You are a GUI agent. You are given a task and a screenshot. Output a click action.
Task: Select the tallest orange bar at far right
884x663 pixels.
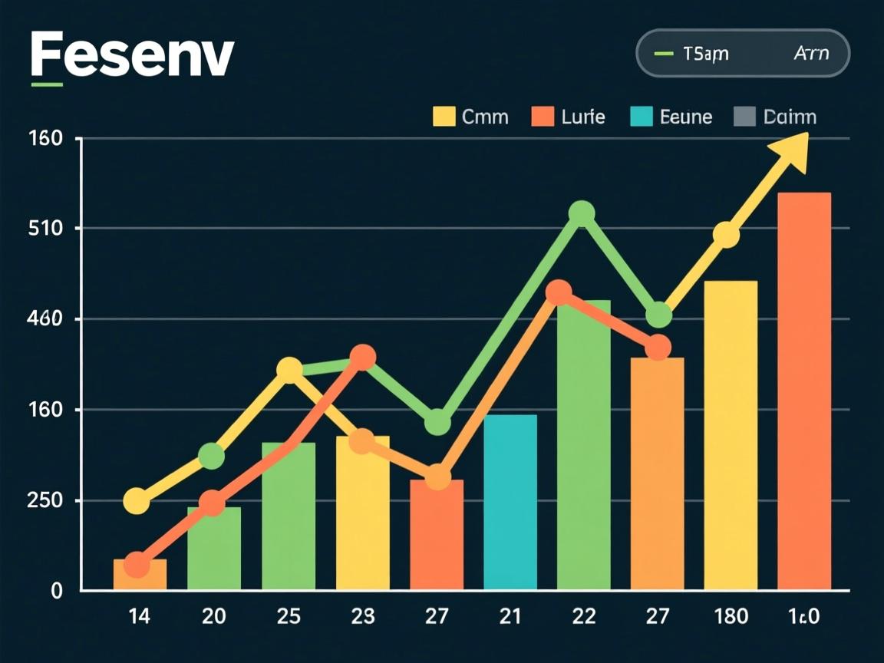tap(803, 391)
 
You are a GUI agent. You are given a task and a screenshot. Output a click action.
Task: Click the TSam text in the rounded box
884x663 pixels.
tap(705, 54)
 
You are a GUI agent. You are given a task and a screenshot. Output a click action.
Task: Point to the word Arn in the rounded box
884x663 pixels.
tap(810, 54)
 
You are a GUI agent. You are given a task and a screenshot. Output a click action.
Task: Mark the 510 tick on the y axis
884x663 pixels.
tap(46, 229)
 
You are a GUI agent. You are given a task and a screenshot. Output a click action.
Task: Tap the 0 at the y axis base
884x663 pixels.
tap(56, 590)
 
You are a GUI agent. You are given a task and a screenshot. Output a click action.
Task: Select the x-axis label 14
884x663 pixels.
tap(140, 615)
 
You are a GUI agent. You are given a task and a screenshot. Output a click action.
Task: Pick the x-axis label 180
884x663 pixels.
tap(731, 615)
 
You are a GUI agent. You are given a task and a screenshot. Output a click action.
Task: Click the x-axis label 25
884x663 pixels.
tap(289, 615)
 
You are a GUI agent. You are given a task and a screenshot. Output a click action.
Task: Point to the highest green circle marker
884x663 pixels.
tap(582, 213)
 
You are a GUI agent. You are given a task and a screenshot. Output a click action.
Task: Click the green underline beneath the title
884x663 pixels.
tap(47, 82)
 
